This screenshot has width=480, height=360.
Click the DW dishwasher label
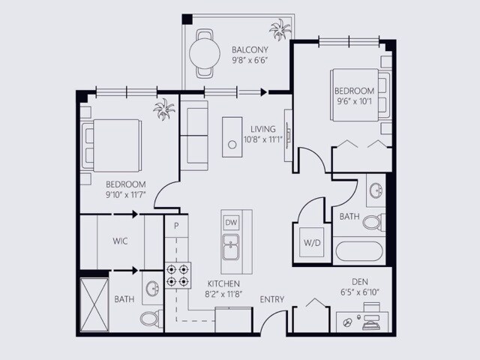coord(231,223)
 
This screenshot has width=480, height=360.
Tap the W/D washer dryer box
coord(312,242)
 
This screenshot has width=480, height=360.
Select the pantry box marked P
coord(176,226)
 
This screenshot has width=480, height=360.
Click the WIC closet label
coord(120,241)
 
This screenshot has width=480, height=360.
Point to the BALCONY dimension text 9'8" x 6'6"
coord(250,60)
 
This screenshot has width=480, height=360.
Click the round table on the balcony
coord(205,53)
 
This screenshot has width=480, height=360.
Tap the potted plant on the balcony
coord(280,30)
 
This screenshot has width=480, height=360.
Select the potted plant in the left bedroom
coord(164,109)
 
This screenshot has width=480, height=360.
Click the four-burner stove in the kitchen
coord(178,275)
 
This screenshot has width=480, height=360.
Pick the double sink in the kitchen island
coord(231,247)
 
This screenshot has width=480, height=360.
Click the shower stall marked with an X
coord(94,304)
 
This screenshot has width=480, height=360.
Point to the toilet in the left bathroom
coord(151,319)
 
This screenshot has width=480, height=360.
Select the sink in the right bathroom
coord(376,190)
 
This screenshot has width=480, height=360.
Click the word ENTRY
coord(272,299)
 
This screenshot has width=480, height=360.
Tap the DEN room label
coord(360,282)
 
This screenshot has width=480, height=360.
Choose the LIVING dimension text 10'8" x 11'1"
coord(263,139)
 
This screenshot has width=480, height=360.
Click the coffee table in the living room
coord(232,137)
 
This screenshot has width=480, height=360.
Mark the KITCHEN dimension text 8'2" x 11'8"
coord(223,294)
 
